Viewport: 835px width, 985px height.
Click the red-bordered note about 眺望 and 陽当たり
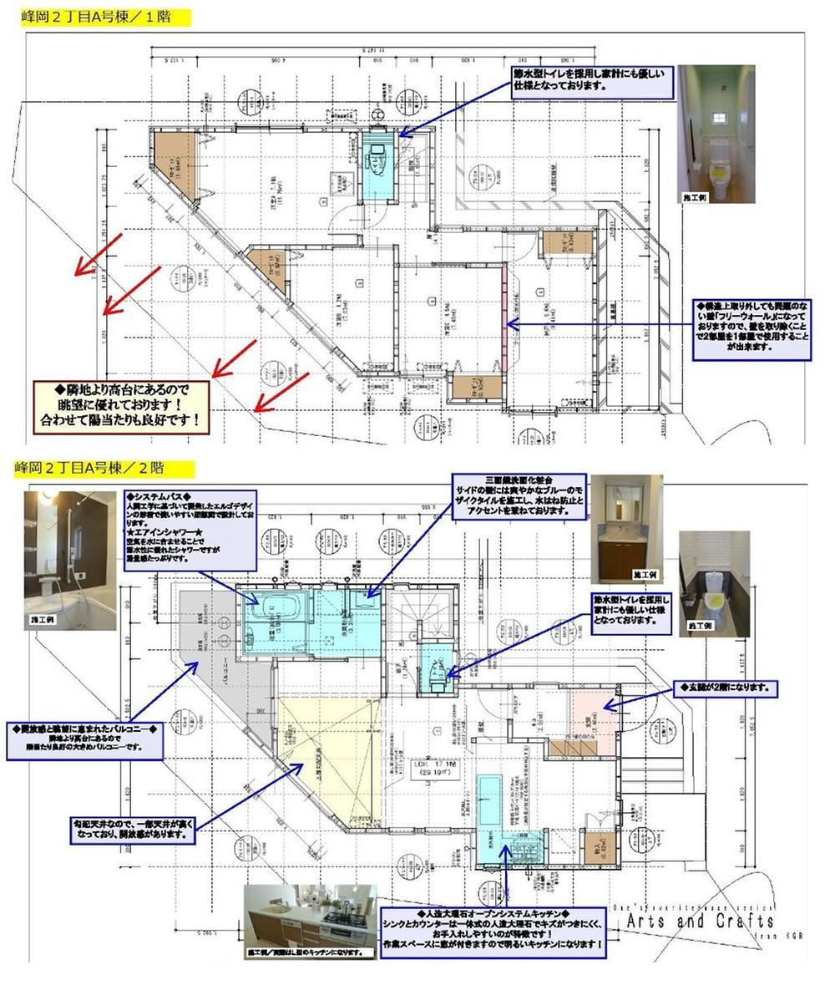(x=121, y=406)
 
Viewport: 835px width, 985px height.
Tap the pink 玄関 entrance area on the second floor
(x=592, y=712)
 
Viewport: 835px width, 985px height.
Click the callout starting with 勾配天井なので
(x=134, y=829)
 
